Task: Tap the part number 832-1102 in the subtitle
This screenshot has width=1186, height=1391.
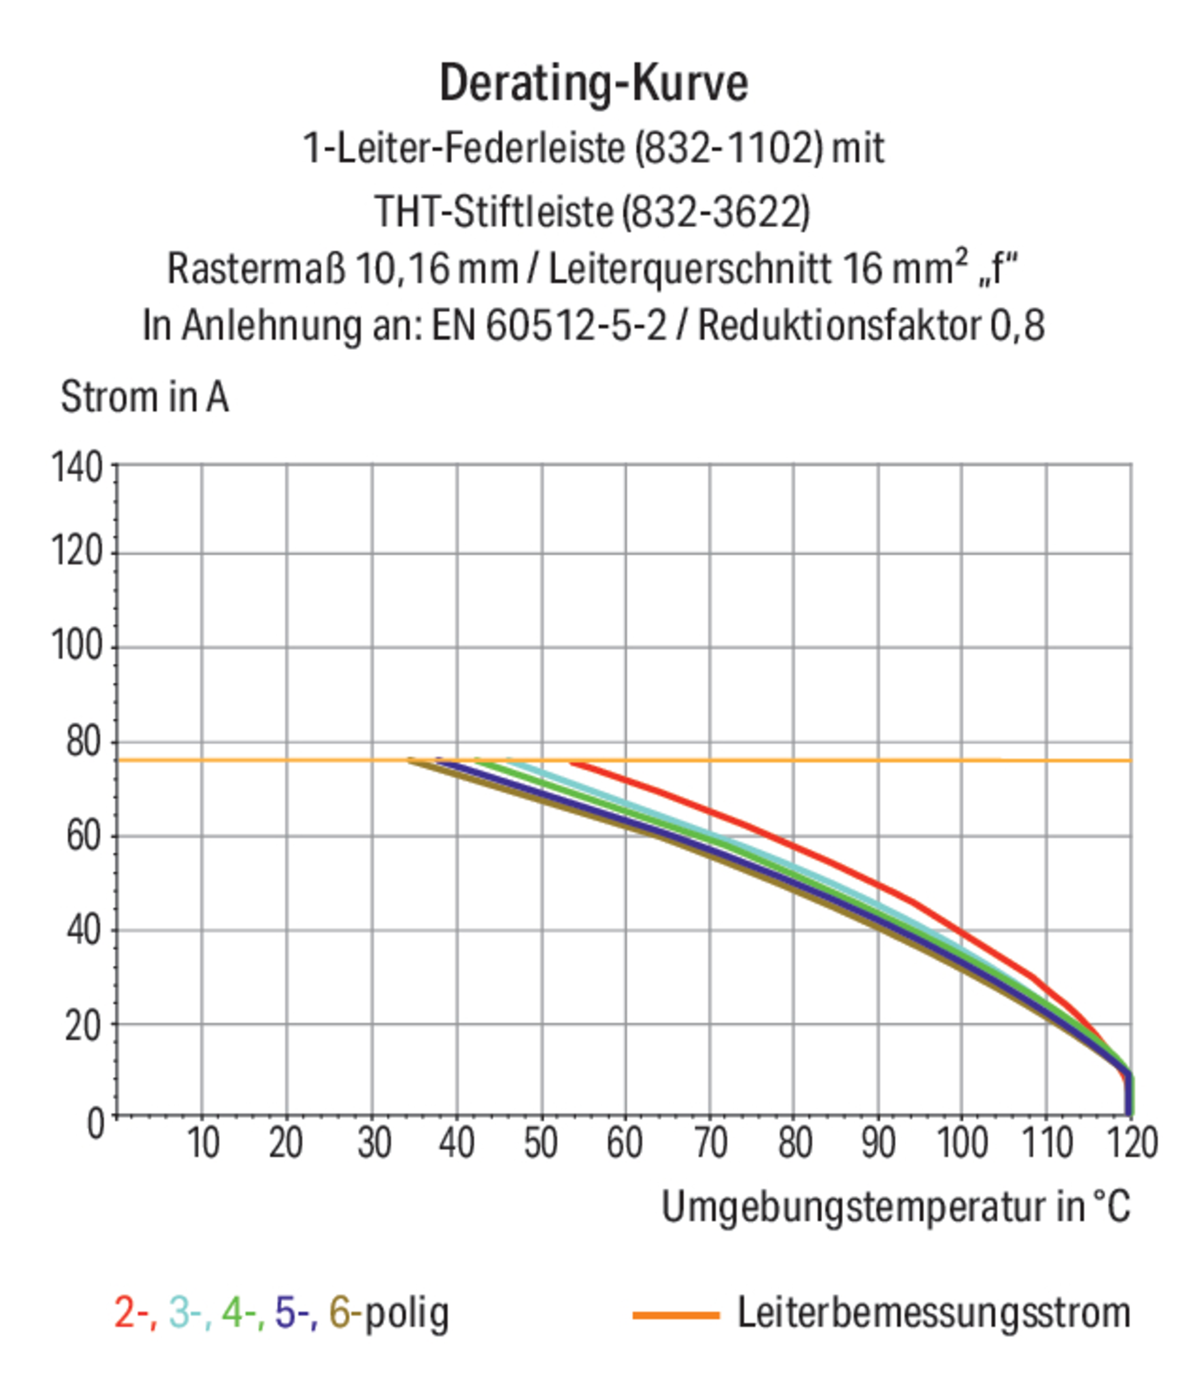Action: (x=728, y=148)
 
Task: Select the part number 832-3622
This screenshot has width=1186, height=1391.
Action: (x=716, y=212)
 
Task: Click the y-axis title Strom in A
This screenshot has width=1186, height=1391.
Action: (x=144, y=397)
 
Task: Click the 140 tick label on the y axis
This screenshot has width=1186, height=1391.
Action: (x=77, y=467)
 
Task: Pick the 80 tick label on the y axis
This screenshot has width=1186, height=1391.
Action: (x=84, y=742)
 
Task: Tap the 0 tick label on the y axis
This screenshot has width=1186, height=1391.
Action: (x=96, y=1123)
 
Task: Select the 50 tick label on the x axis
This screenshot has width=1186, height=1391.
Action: (x=541, y=1142)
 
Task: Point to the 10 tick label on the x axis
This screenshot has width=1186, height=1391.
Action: (x=203, y=1142)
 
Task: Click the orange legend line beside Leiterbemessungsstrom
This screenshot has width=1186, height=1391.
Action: (x=675, y=1314)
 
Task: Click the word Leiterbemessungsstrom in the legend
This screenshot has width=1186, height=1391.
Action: (x=934, y=1312)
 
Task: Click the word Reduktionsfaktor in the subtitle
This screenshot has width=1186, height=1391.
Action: (x=839, y=326)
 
